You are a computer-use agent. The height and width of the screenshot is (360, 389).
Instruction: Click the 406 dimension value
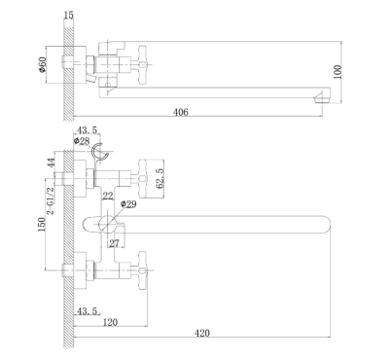tap(181, 112)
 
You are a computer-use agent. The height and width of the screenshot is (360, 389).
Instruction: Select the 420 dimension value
tap(202, 333)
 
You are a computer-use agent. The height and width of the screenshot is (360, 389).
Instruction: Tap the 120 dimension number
tap(110, 322)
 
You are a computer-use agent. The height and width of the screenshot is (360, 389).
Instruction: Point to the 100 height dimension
tap(337, 72)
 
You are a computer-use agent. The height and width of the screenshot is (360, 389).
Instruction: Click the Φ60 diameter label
tap(43, 64)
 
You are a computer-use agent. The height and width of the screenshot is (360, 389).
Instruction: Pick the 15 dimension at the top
tap(69, 16)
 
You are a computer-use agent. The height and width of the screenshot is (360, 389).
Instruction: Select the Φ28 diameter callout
tap(82, 141)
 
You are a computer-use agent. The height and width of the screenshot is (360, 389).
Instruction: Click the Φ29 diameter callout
tap(128, 204)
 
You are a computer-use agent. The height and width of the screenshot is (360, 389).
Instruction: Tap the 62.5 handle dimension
tap(160, 179)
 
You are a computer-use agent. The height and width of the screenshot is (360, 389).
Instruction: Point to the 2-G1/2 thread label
tap(51, 201)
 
